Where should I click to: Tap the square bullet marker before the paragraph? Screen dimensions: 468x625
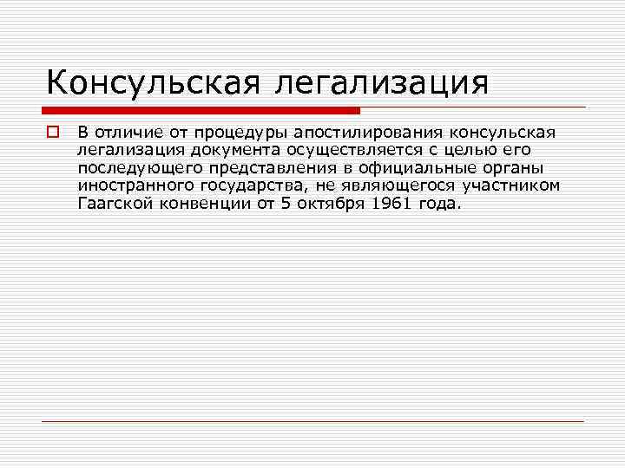pyautogui.click(x=52, y=132)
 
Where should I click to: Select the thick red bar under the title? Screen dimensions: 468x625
pyautogui.click(x=201, y=110)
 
